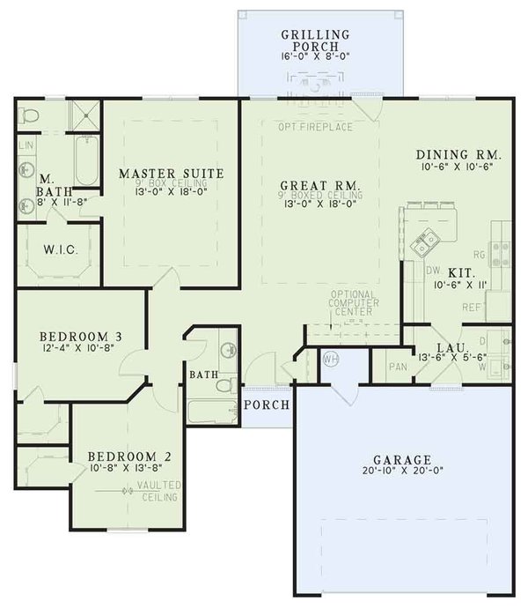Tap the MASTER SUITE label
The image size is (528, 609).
(171, 173)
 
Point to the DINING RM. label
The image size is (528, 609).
(458, 156)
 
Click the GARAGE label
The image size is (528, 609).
(400, 459)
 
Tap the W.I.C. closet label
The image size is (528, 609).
(60, 249)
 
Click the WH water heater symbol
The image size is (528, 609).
(330, 359)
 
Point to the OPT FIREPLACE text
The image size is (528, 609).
(315, 128)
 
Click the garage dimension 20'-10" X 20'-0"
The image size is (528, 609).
(400, 472)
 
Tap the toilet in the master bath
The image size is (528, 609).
(28, 115)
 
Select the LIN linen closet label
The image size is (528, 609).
(26, 144)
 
